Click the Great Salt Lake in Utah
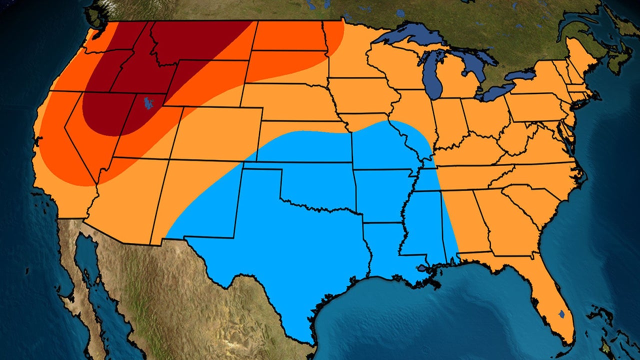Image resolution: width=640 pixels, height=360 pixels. pyautogui.click(x=148, y=103)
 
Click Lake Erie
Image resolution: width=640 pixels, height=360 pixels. pyautogui.click(x=495, y=91)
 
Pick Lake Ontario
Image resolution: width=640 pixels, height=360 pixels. pyautogui.click(x=520, y=75)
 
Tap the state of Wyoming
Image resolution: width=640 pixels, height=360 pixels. pyautogui.click(x=207, y=82)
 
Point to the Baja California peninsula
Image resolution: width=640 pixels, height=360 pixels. pyautogui.click(x=80, y=270)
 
